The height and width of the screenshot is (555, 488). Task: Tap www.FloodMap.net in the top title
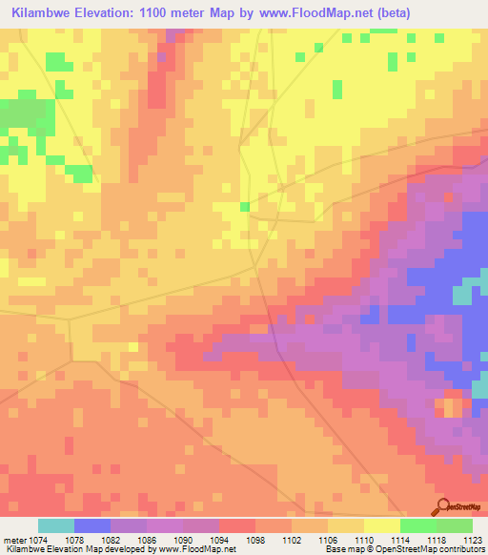pyautogui.click(x=352, y=13)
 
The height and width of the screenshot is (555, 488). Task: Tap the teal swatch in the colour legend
pyautogui.click(x=56, y=525)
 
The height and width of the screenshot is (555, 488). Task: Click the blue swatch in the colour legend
pyautogui.click(x=92, y=525)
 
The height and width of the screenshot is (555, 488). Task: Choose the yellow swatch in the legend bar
pyautogui.click(x=382, y=525)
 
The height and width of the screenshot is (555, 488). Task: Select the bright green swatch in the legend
pyautogui.click(x=418, y=525)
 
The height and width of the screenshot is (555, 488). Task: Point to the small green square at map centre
pyautogui.click(x=245, y=206)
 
